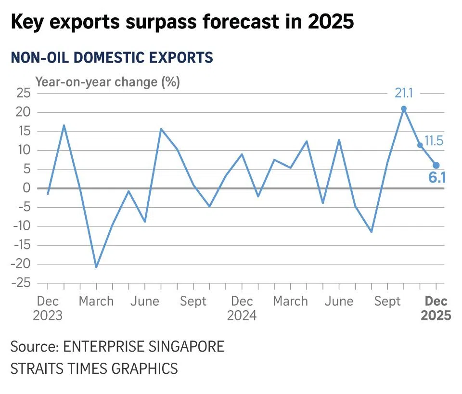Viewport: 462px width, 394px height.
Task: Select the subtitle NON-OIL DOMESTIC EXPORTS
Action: pyautogui.click(x=112, y=58)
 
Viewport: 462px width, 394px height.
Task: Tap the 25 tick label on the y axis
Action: pyautogui.click(x=22, y=93)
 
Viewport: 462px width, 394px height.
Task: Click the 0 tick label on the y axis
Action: pyautogui.click(x=26, y=188)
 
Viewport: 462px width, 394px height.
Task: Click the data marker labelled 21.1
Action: pyautogui.click(x=404, y=109)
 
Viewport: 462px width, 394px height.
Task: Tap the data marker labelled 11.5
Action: pyautogui.click(x=420, y=145)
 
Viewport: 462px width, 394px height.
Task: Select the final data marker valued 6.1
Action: pyautogui.click(x=436, y=165)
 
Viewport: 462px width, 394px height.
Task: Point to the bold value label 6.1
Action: pyautogui.click(x=437, y=178)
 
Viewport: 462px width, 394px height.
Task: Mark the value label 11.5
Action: pyautogui.click(x=434, y=141)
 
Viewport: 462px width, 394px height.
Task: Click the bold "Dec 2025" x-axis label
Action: pyautogui.click(x=436, y=308)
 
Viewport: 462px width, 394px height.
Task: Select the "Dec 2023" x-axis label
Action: pyautogui.click(x=48, y=308)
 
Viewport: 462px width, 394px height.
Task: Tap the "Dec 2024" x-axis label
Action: pyautogui.click(x=242, y=308)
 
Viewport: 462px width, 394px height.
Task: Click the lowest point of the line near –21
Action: pyautogui.click(x=96, y=267)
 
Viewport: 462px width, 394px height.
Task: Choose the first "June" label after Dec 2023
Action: pyautogui.click(x=145, y=302)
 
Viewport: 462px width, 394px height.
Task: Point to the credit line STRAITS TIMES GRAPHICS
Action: pyautogui.click(x=94, y=369)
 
